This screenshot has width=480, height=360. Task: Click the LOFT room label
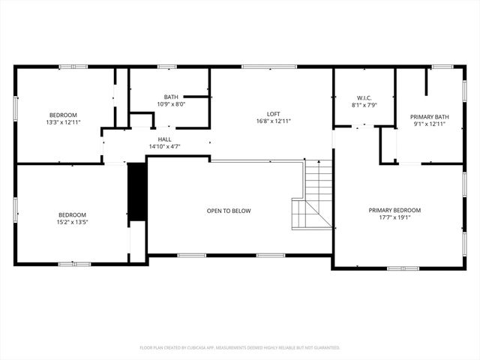point(273,113)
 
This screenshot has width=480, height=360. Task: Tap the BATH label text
point(170,97)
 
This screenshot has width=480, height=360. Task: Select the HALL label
point(164,139)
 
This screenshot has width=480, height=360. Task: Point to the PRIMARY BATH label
point(429,116)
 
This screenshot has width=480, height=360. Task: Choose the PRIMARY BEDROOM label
point(394,210)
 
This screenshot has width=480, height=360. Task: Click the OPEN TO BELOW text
point(229,211)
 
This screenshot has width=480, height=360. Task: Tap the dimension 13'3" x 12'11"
point(62,121)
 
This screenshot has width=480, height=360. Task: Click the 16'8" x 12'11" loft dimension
point(273,121)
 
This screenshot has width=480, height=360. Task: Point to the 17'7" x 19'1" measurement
point(394,217)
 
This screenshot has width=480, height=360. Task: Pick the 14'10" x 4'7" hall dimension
point(164,146)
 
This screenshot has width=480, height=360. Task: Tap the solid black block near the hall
point(136,192)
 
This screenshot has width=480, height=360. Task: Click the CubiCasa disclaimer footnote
point(240,347)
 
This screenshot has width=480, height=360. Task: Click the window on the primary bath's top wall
point(442,67)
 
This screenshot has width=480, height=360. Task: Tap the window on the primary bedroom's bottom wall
point(397,268)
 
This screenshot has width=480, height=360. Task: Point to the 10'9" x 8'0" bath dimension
point(170,104)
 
